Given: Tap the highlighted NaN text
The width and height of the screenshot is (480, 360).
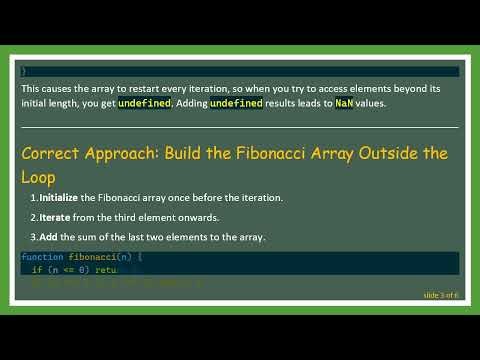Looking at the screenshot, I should point(344,103).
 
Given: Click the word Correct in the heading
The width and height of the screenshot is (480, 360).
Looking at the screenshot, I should point(51,153).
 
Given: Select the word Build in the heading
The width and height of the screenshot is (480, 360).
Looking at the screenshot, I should point(205,153).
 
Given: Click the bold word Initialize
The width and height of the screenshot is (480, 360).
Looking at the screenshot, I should point(65,197).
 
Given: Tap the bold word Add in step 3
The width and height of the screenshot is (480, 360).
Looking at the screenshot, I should point(51,237).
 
